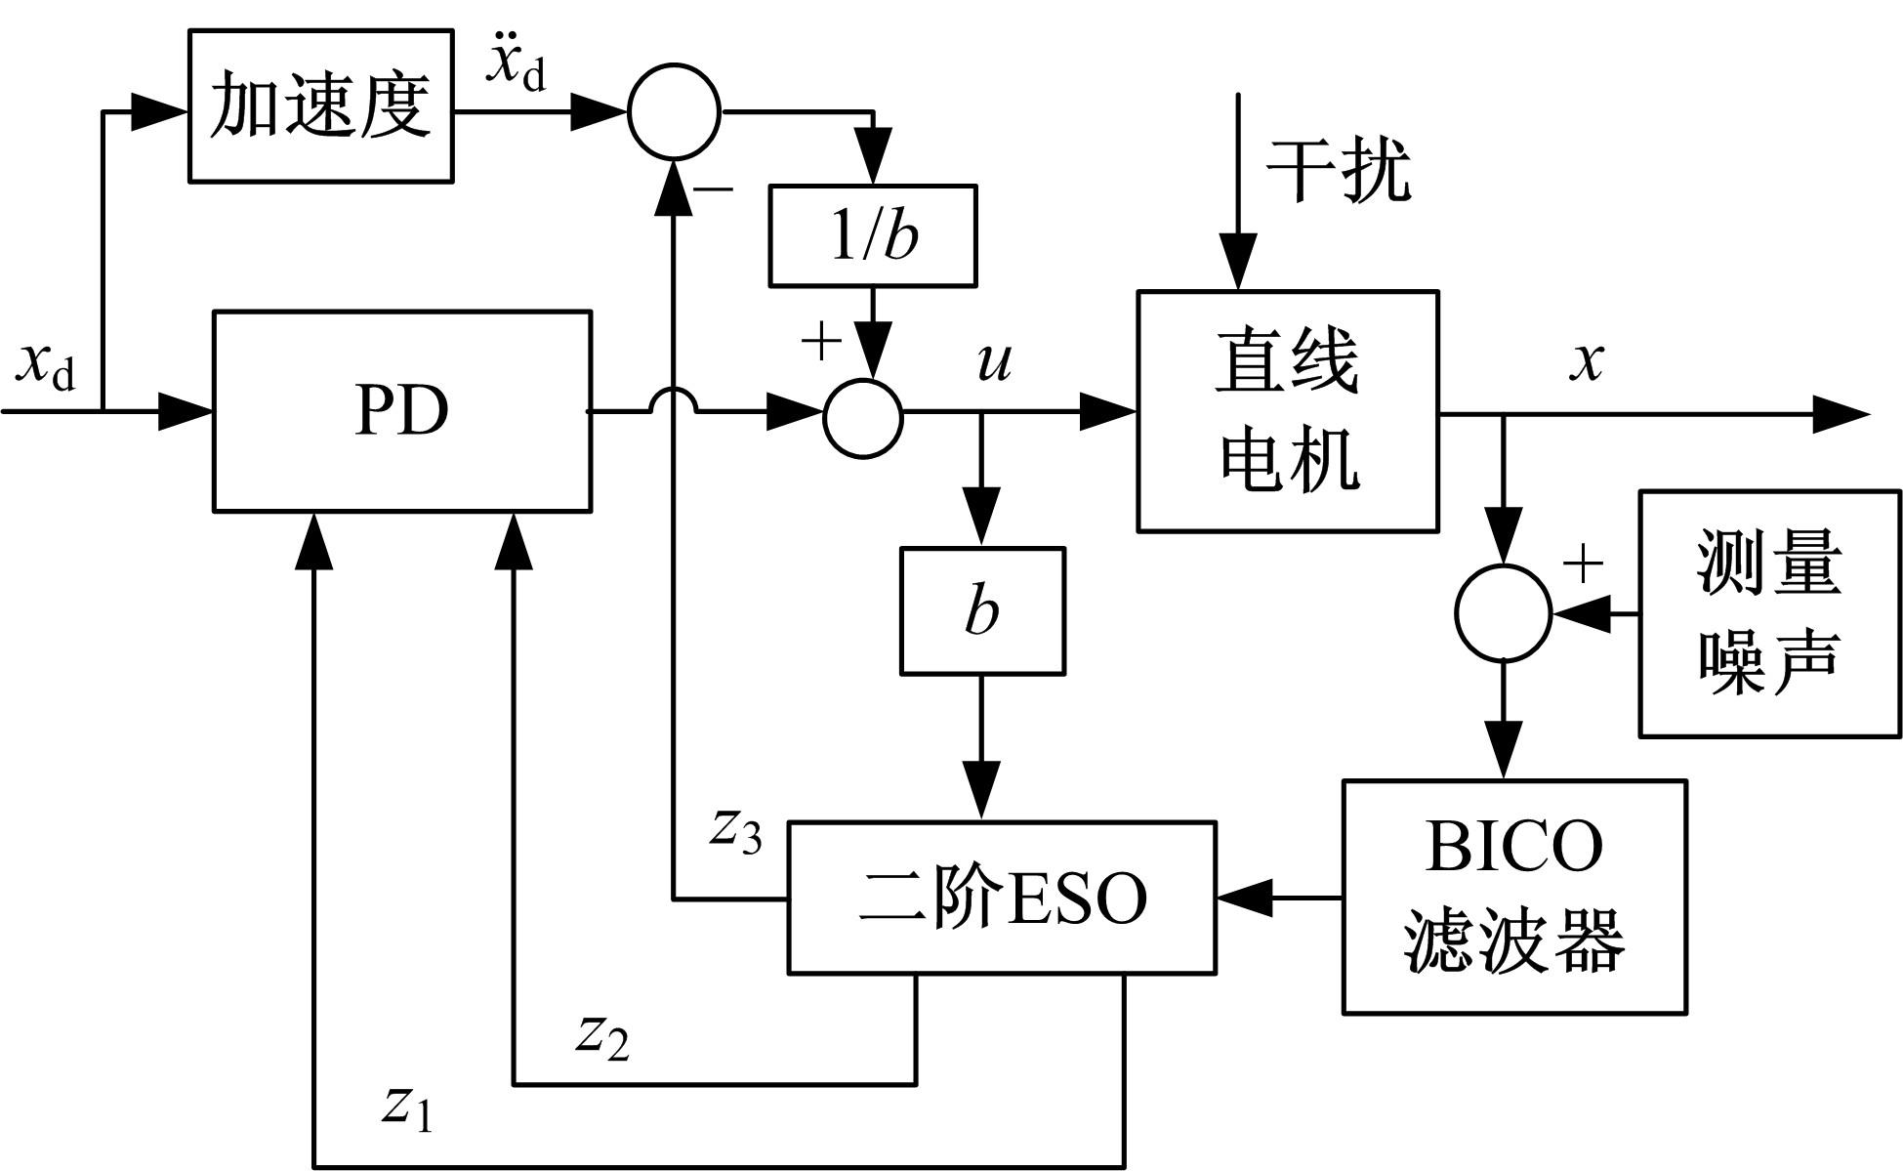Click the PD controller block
[x=401, y=410]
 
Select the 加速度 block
[x=320, y=105]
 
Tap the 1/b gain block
[x=873, y=235]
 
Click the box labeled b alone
[x=981, y=610]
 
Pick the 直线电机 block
[x=1287, y=411]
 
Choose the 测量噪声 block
[x=1769, y=613]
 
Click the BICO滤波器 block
[x=1513, y=897]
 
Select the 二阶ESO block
[x=1002, y=898]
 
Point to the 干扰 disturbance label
[x=1339, y=171]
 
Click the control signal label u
[x=994, y=361]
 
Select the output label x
[x=1587, y=361]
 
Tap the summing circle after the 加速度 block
[x=675, y=111]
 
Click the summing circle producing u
[x=863, y=417]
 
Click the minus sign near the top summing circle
[x=716, y=188]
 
